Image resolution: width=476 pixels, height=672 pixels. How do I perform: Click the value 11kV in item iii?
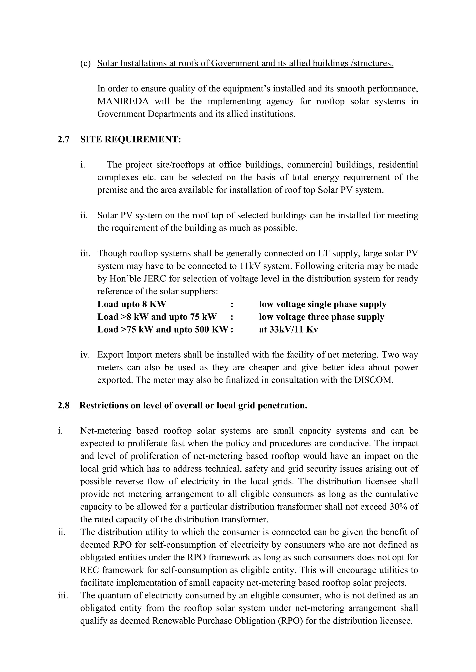(250, 266)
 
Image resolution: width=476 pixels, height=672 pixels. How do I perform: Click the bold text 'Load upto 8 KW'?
(132, 304)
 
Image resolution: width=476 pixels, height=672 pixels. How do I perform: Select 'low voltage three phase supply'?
(321, 317)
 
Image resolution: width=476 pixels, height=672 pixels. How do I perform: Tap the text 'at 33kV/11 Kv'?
(288, 330)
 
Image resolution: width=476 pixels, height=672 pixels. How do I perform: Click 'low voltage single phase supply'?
(323, 304)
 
